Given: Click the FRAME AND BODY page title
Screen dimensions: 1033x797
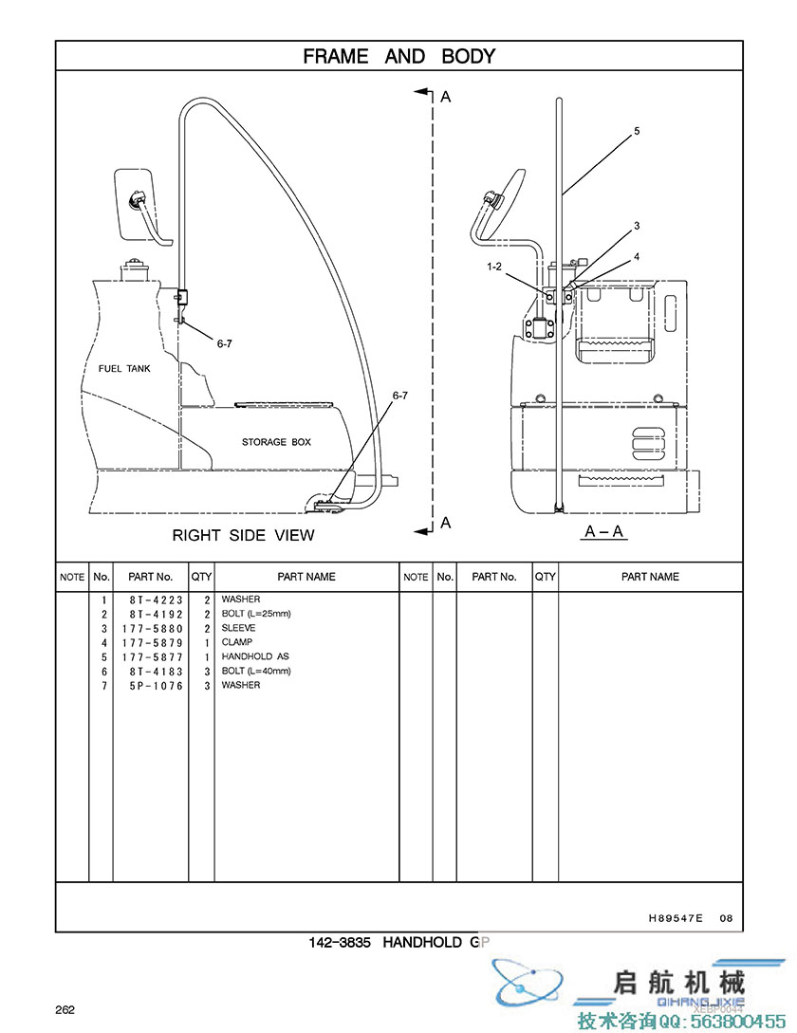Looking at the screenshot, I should point(398,57).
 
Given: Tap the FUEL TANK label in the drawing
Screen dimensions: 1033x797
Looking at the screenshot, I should point(124,368).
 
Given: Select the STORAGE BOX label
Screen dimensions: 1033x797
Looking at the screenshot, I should point(276,442).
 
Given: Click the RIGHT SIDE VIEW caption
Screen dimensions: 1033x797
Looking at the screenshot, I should point(243,535).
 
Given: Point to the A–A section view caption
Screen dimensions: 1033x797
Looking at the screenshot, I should point(603,531).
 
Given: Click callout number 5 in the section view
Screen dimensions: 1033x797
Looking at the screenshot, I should point(637,131).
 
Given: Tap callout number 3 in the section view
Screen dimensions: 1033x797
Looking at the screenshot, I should point(637,226).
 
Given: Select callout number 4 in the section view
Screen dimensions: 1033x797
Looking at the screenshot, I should point(637,256).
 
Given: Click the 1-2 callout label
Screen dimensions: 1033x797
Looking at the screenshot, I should point(493,267).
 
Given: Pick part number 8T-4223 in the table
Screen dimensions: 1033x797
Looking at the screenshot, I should point(149,600).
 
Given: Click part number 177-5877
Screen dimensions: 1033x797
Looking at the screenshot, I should point(149,656).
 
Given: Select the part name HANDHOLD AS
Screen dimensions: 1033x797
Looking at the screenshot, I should point(255,656).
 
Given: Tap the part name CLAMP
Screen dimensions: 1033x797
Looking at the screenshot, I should point(237,642).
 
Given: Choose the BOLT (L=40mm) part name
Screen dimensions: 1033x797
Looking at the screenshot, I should point(256,671).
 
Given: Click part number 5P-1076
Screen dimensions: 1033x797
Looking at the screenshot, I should point(149,685).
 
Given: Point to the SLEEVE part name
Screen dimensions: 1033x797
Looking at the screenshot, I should point(238,628).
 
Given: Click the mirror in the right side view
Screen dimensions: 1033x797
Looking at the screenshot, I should point(134,203).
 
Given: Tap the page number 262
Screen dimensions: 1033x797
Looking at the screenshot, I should point(65,1009).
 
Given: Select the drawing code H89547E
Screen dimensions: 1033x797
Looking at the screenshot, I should point(676,917).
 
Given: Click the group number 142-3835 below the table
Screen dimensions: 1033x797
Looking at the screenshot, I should point(342,943).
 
